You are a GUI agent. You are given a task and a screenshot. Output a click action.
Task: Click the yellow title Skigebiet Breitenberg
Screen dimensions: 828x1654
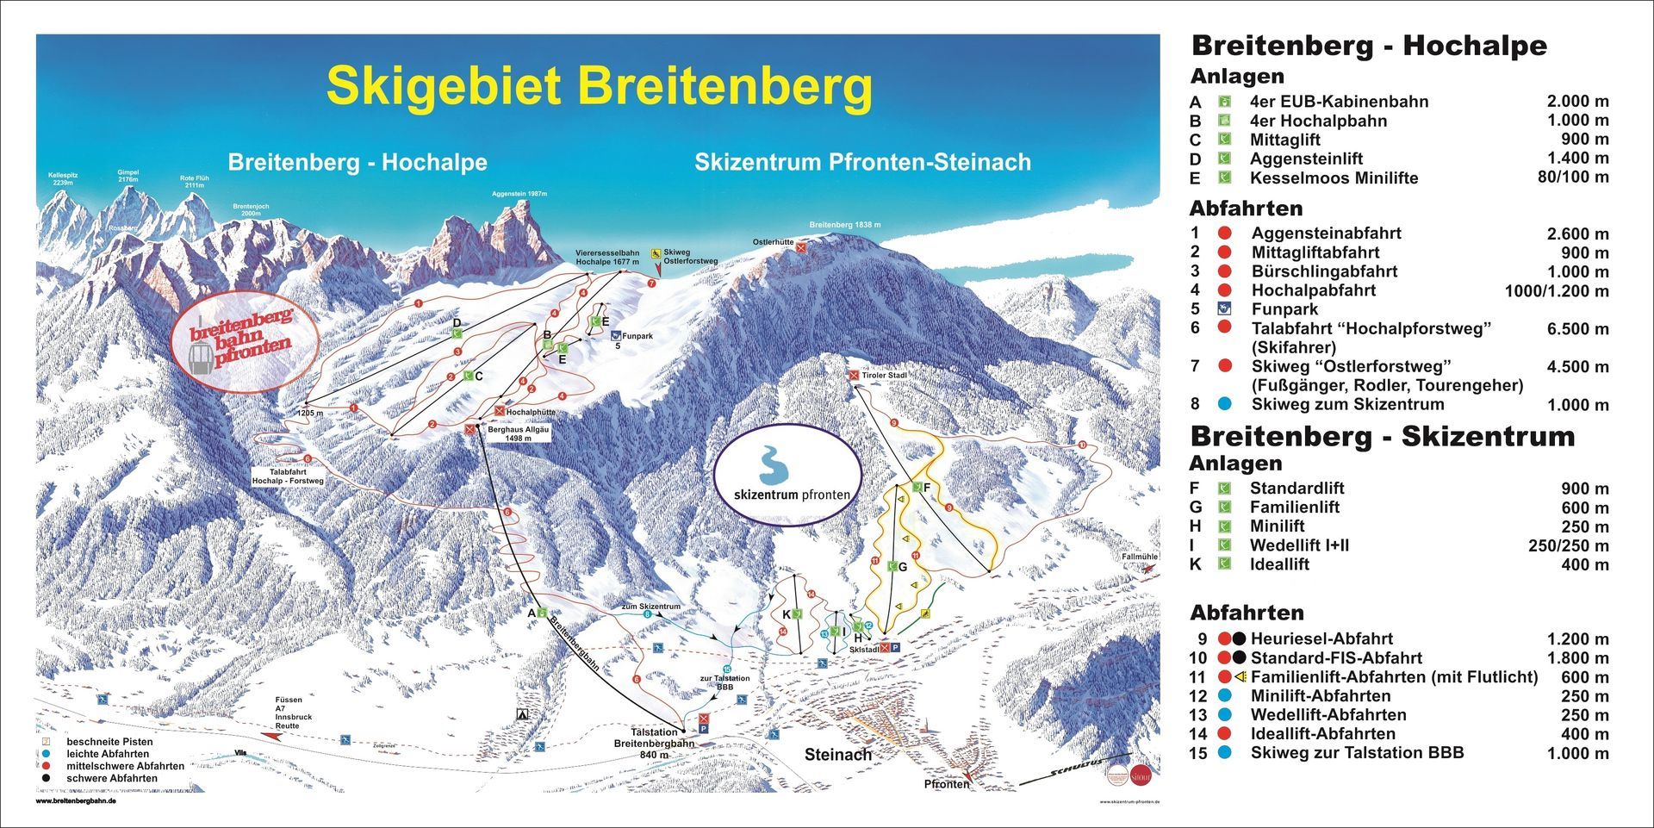(x=599, y=86)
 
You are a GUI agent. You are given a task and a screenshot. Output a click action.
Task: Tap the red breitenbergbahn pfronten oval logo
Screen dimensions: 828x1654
(x=243, y=339)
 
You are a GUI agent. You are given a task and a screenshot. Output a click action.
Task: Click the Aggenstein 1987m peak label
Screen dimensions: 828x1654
(x=519, y=194)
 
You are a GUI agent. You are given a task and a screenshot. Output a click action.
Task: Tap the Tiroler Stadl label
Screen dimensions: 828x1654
(x=885, y=375)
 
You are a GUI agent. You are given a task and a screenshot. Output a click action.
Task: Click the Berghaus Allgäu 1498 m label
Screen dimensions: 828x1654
(x=518, y=433)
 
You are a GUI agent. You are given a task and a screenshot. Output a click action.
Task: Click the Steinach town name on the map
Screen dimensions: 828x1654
(x=838, y=755)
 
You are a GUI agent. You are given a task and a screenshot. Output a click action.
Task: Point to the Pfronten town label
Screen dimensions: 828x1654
(x=946, y=784)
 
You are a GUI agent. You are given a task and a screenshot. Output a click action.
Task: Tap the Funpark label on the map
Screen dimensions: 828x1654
(x=638, y=336)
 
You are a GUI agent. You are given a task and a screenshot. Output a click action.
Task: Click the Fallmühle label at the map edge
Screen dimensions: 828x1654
(x=1139, y=557)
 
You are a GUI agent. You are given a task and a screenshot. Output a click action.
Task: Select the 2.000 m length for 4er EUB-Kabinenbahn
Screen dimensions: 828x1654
(x=1576, y=102)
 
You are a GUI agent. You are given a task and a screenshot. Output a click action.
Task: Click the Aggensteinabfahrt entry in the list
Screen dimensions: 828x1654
(x=1326, y=233)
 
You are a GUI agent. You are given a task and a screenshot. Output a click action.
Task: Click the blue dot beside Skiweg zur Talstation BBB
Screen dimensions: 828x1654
(x=1225, y=752)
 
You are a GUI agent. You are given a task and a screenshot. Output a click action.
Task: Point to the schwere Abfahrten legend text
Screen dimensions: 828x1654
(x=112, y=778)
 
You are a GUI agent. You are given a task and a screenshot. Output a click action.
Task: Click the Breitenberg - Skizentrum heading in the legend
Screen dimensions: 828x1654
(x=1382, y=437)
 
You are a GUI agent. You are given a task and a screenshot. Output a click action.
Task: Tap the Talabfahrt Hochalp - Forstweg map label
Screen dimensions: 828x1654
(x=288, y=476)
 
